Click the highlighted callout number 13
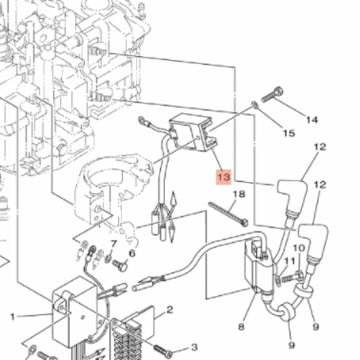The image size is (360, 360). (x=224, y=177)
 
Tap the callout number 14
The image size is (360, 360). (x=312, y=120)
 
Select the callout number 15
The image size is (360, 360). (x=289, y=133)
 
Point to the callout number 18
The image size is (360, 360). (x=239, y=195)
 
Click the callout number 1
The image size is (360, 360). (x=13, y=317)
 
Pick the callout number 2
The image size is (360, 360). (x=169, y=310)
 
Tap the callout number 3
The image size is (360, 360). (x=195, y=347)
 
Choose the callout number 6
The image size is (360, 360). (x=132, y=253)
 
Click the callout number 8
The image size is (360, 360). (x=241, y=327)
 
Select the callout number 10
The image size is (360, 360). (x=299, y=248)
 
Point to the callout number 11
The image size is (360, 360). (x=290, y=261)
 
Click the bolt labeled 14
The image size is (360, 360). (x=272, y=95)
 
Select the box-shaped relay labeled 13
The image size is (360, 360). (x=193, y=133)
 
